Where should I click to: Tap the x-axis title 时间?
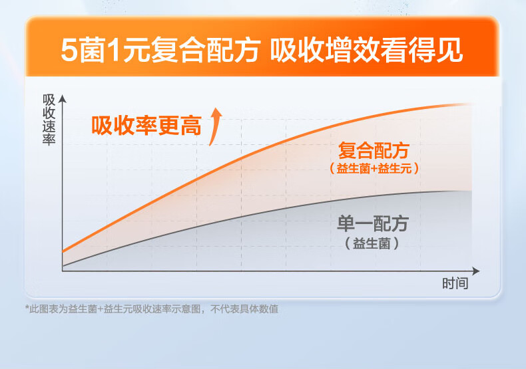[x=455, y=284]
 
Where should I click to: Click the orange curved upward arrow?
[x=214, y=124]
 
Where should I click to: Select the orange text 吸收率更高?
[x=146, y=126]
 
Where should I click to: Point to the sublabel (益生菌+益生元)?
[x=374, y=169]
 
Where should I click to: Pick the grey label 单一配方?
[x=373, y=223]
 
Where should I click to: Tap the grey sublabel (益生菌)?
[x=373, y=243]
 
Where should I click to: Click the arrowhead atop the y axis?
[x=63, y=99]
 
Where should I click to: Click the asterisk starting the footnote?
[x=27, y=308]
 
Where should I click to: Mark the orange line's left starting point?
[x=63, y=251]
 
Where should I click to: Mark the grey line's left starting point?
[x=63, y=267]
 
